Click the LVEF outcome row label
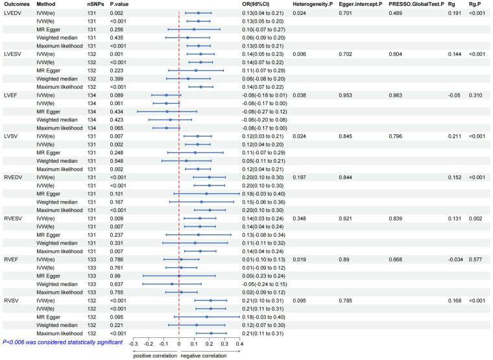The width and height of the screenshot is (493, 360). [x=11, y=95]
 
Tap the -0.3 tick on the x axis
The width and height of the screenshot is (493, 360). [x=132, y=344]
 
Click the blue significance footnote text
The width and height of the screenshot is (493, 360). [x=63, y=341]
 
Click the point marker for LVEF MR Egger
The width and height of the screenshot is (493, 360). [x=167, y=112]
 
